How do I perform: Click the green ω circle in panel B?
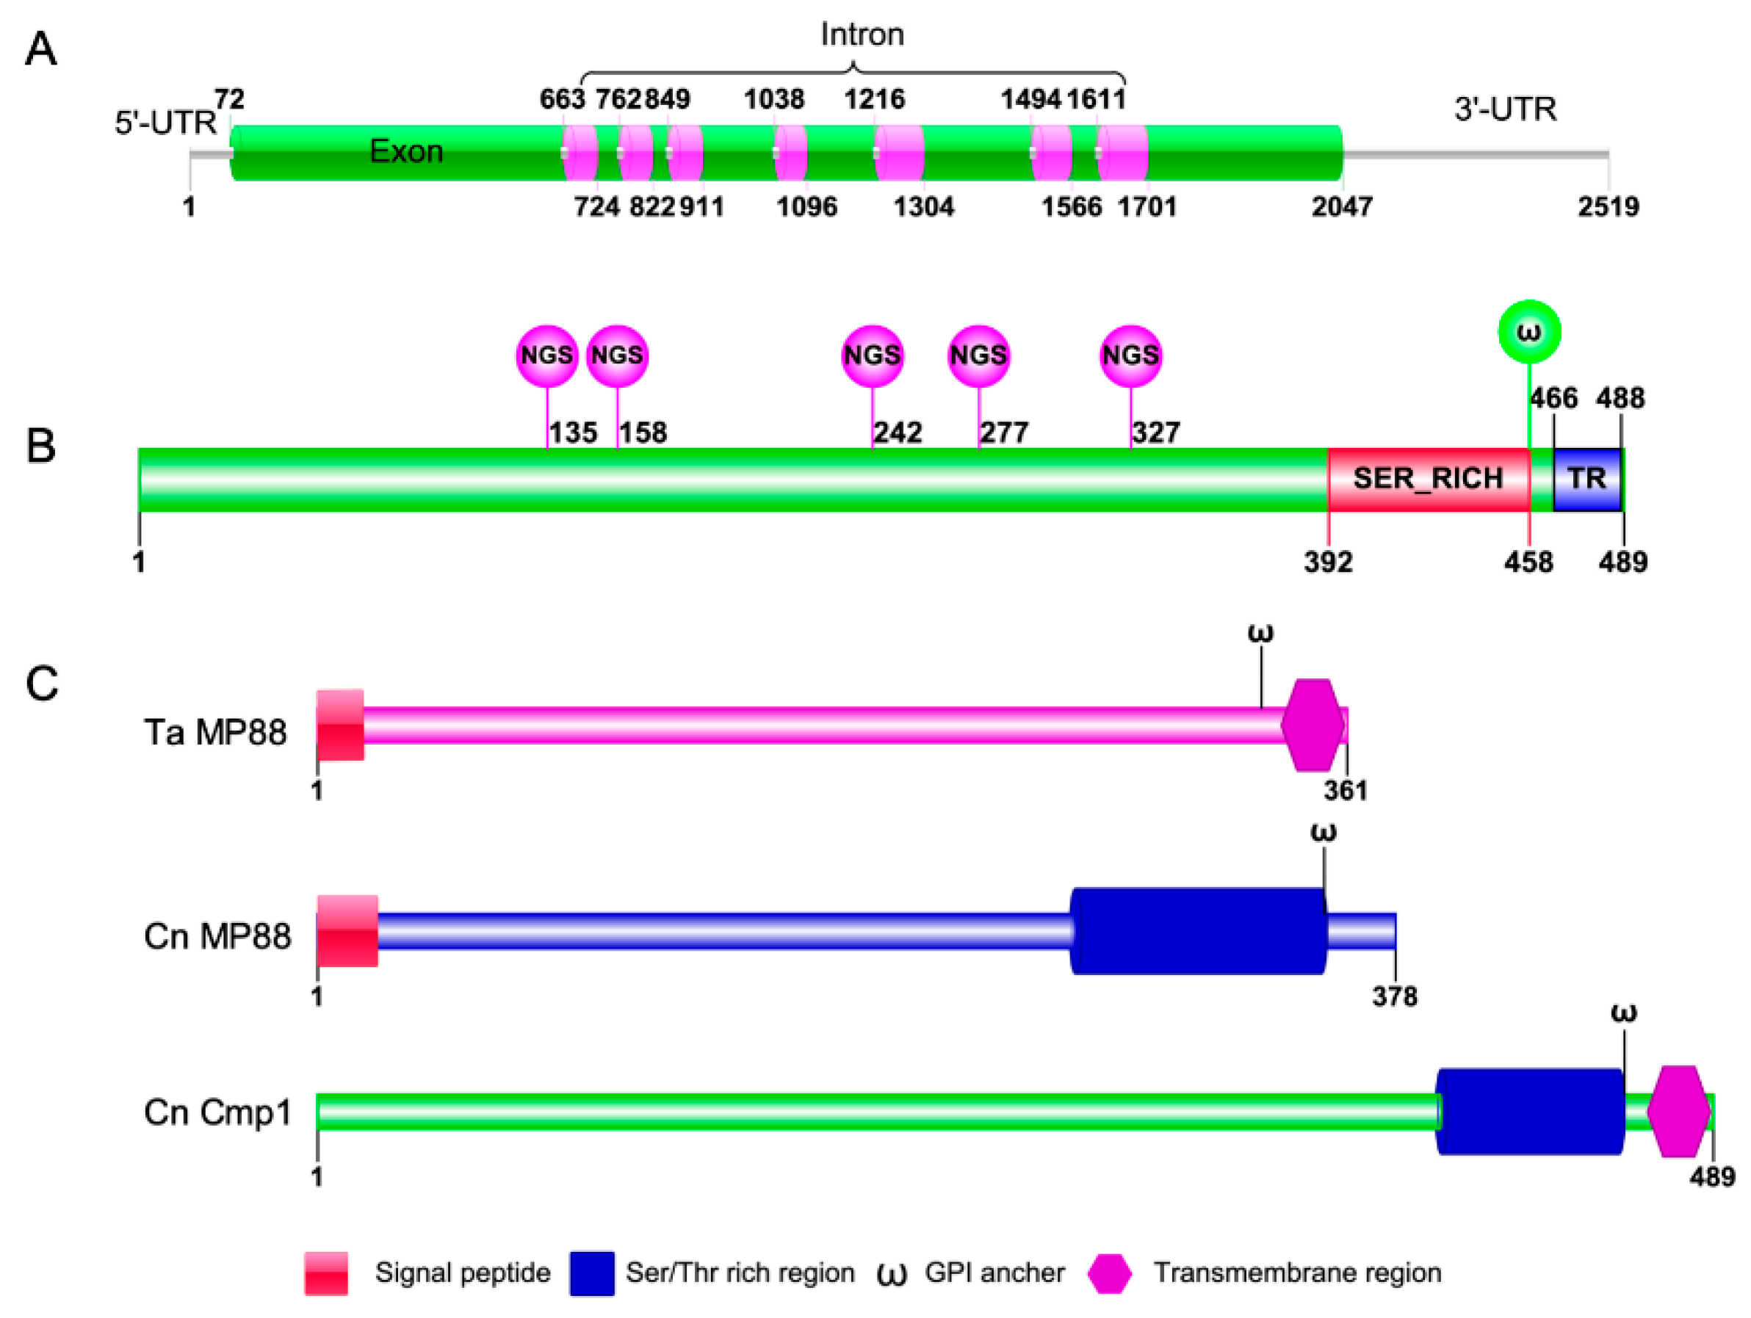pos(1528,332)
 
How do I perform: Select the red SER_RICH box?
pos(1428,479)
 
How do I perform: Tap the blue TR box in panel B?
pos(1586,479)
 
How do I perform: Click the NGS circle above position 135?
pos(547,355)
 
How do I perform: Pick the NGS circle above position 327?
pos(1130,355)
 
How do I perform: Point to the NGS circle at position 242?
pos(872,355)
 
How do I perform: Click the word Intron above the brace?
pos(862,35)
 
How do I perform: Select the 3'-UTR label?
pos(1505,109)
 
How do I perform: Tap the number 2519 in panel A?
pos(1608,206)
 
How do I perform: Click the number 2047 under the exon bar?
pos(1342,206)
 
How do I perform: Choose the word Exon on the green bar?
pos(406,151)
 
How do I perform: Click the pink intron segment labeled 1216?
pos(899,152)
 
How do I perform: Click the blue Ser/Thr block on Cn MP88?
pos(1199,931)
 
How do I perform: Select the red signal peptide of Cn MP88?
pos(347,931)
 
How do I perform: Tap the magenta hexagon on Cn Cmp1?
pos(1678,1112)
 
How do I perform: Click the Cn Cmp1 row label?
pos(217,1112)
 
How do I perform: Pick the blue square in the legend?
pos(591,1273)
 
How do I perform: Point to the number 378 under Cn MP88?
pos(1394,996)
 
